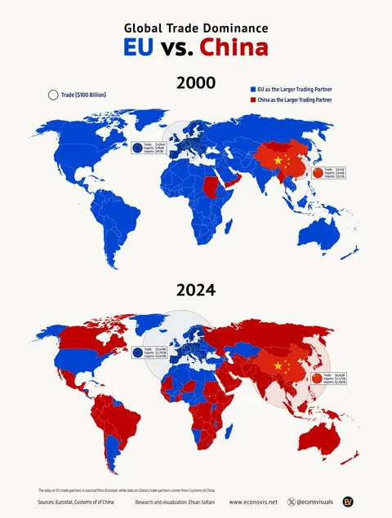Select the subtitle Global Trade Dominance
[195, 28]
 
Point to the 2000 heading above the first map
[196, 82]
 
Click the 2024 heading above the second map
[196, 290]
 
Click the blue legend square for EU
[252, 87]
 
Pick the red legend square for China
[252, 100]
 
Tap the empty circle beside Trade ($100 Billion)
[53, 95]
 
